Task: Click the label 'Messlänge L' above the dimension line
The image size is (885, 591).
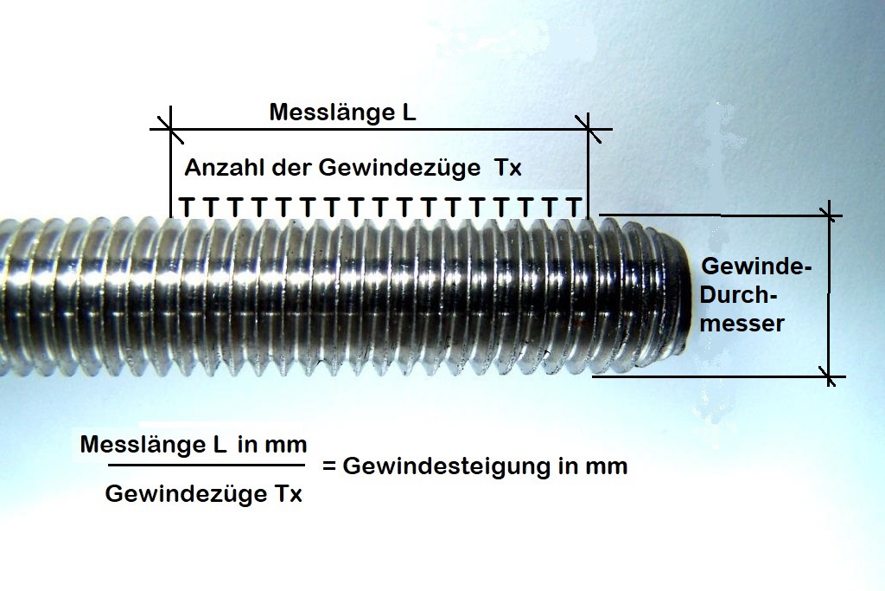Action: [x=343, y=112]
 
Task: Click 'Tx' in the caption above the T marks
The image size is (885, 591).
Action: [x=508, y=168]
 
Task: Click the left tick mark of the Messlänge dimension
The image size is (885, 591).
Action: [x=171, y=130]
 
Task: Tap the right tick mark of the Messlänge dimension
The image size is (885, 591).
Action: [x=589, y=130]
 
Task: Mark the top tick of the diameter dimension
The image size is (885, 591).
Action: [x=830, y=214]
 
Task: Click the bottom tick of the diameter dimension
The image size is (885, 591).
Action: [x=830, y=376]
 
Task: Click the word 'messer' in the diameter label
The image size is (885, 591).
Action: [x=743, y=324]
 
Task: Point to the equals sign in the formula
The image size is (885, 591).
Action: [x=328, y=466]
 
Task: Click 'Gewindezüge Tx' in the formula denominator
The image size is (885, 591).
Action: [x=203, y=495]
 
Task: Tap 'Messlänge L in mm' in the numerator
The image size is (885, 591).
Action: [x=194, y=445]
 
